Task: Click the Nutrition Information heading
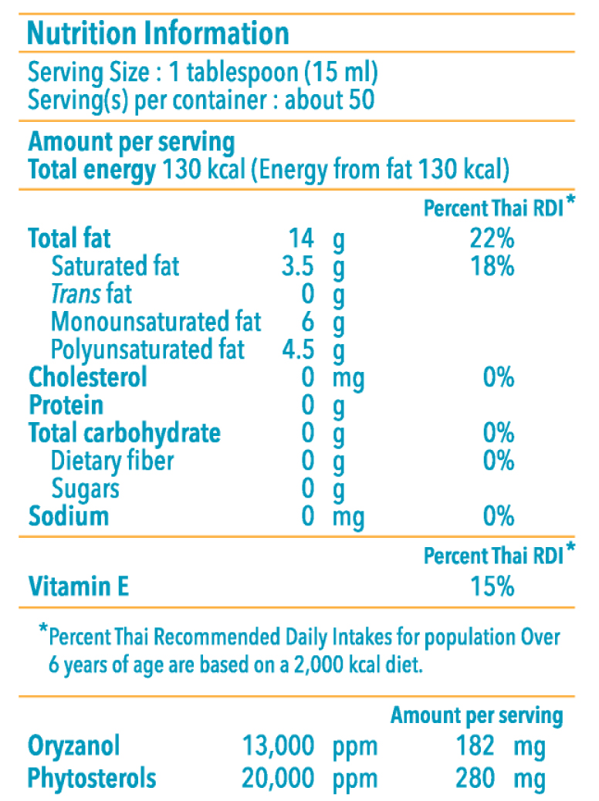point(158,33)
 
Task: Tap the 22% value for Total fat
point(492,239)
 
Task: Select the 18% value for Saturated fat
point(492,267)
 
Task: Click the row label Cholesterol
point(87,378)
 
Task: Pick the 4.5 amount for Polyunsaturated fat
point(298,350)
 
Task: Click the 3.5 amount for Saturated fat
point(298,267)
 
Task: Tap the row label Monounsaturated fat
point(156,322)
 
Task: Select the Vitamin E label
point(78,587)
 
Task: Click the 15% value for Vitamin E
point(492,587)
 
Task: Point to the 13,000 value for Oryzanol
point(278,747)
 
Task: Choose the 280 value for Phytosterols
point(474,779)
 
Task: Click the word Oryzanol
point(74,747)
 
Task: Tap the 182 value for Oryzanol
point(474,747)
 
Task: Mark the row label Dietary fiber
point(112,461)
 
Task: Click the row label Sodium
point(69,516)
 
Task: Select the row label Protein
point(66,406)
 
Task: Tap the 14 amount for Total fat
point(301,239)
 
